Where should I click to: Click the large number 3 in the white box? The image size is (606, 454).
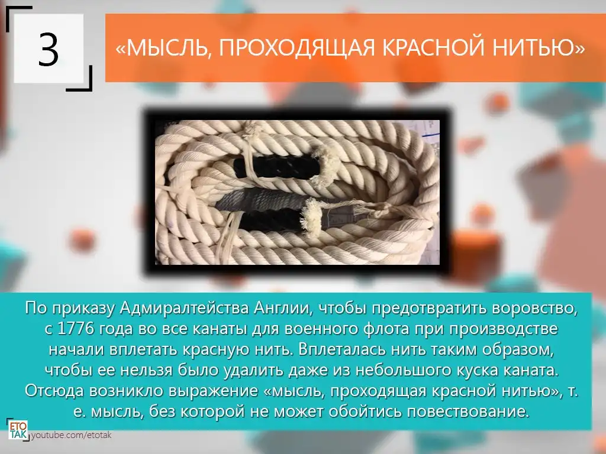coord(49,49)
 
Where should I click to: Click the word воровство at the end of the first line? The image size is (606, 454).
coord(536,309)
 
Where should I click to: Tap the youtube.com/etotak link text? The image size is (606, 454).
coord(72,435)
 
